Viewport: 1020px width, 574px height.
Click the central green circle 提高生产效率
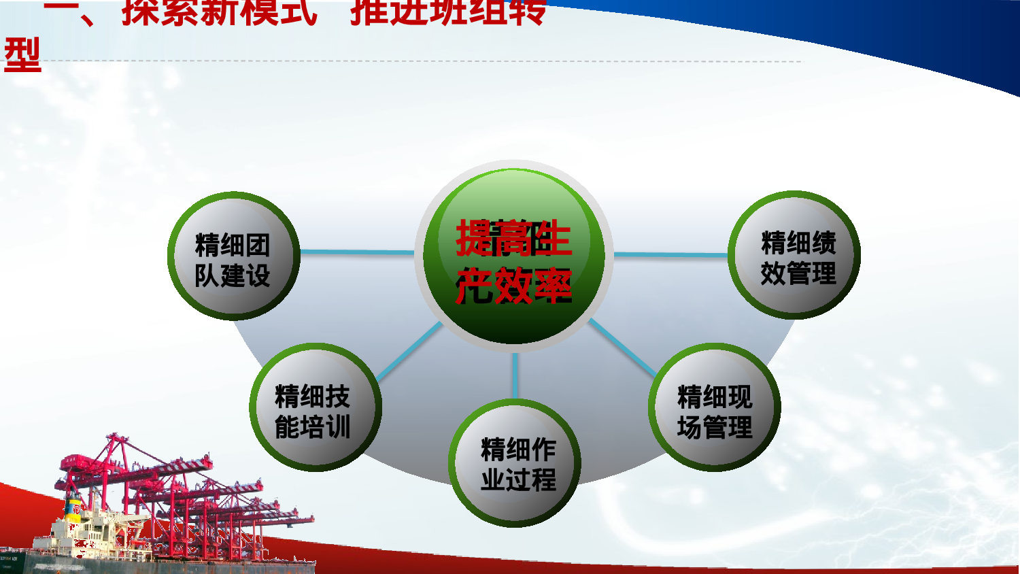[514, 257]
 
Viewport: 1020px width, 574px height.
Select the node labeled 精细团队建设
[233, 256]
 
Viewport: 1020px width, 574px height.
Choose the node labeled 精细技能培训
[315, 407]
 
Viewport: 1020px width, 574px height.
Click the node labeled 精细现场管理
[714, 407]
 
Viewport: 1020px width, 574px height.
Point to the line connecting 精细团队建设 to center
[357, 252]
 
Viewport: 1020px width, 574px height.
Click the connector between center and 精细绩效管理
[670, 255]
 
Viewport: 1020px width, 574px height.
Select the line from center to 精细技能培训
[409, 351]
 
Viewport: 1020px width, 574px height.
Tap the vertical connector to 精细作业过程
[515, 375]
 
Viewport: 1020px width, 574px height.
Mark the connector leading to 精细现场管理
[622, 347]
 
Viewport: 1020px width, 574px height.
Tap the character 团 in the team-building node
[258, 245]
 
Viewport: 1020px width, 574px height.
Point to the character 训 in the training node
[339, 427]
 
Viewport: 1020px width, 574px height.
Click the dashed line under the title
[422, 61]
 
